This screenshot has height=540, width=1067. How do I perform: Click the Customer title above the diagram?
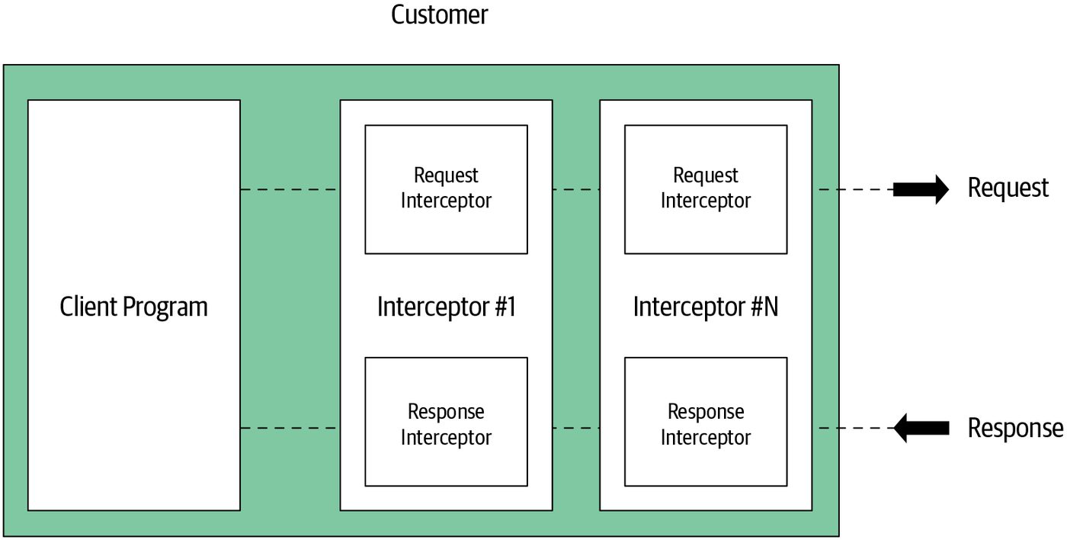point(439,14)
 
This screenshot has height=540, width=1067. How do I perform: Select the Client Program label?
point(134,307)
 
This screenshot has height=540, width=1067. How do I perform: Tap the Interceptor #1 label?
point(447,307)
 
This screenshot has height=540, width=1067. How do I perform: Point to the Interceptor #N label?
point(706,307)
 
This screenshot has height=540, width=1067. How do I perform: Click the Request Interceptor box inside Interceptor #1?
point(447,189)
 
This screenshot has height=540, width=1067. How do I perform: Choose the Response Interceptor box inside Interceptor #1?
point(447,422)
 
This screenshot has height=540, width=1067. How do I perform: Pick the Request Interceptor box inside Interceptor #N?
point(706,189)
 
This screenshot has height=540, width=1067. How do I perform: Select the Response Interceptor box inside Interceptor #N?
point(706,422)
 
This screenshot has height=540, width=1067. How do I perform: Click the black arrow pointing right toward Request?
point(921,189)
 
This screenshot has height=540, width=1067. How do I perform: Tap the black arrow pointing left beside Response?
point(921,428)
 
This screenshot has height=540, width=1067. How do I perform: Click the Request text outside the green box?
point(1008,188)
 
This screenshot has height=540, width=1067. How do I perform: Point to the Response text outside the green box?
point(1015,428)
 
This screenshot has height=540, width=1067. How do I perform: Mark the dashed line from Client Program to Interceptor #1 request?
point(290,190)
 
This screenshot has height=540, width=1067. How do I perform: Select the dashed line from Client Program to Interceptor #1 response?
point(290,428)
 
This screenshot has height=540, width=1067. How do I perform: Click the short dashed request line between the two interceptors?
point(576,190)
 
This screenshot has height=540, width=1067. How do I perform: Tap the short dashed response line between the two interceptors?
point(576,428)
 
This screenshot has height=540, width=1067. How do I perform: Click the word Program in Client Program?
point(165,307)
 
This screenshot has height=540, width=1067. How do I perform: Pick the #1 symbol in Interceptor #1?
point(505,307)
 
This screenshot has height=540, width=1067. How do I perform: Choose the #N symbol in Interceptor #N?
point(764,307)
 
